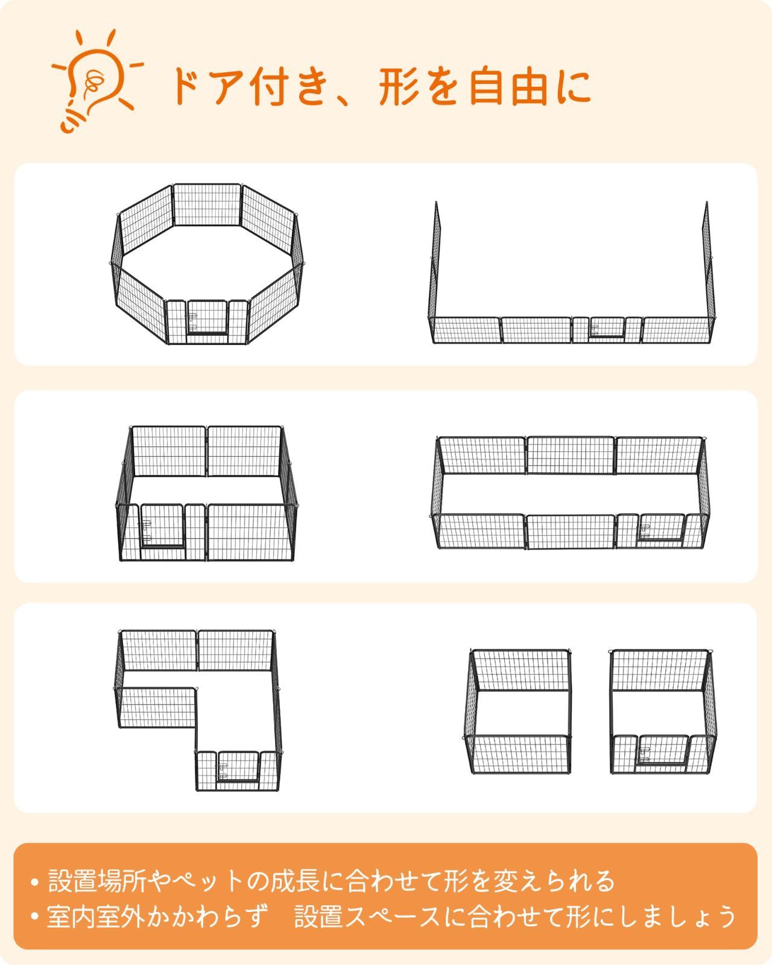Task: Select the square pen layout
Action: click(x=206, y=492)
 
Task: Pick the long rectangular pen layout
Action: click(x=570, y=492)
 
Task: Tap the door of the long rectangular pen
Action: click(x=661, y=527)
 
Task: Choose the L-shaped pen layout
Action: click(x=199, y=709)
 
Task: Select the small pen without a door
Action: click(x=519, y=712)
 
